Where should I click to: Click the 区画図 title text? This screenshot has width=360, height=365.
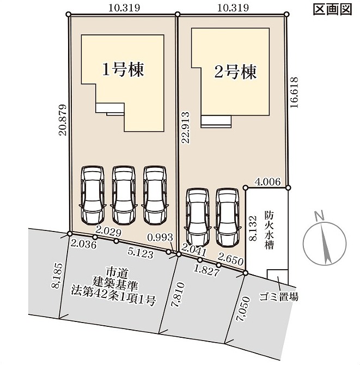coord(332,10)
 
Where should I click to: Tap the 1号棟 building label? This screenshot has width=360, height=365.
coord(123,69)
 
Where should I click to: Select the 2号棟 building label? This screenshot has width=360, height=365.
coord(235,71)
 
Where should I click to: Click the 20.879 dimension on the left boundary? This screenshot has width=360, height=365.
coord(63,120)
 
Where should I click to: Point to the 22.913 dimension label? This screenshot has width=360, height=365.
coord(186,128)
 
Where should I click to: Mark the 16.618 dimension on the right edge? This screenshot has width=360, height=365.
coord(294,93)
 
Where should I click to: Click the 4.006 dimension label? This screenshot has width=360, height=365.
coord(267,181)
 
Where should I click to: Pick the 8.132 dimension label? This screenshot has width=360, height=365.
coord(253,228)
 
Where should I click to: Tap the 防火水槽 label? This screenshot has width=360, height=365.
coord(269,230)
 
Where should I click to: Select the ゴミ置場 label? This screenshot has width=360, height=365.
coord(278,297)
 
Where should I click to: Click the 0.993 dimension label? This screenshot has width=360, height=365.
coord(160,237)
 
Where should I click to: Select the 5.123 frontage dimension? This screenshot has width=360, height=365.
coord(141,253)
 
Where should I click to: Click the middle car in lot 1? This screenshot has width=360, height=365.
coord(124,195)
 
